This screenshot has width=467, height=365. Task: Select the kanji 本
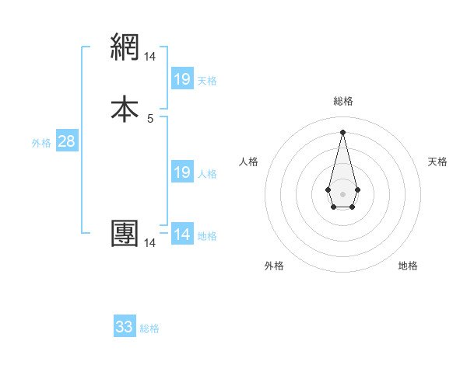(x=125, y=107)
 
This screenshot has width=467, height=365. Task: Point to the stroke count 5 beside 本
(x=150, y=118)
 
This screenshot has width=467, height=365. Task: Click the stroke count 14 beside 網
(x=150, y=57)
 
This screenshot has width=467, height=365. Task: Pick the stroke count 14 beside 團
(x=150, y=243)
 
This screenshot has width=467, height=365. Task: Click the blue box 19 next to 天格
(x=181, y=79)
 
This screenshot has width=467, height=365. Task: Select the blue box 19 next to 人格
(x=181, y=172)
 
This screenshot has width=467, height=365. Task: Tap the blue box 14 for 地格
(x=181, y=235)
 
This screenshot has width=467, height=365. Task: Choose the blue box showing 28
(x=66, y=141)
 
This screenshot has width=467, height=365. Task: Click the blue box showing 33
(x=125, y=327)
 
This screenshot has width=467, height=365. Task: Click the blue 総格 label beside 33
(x=149, y=328)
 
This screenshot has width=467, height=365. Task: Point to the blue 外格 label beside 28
(x=41, y=143)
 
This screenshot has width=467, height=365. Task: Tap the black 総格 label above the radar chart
(x=342, y=101)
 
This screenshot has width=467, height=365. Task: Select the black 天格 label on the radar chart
(x=438, y=162)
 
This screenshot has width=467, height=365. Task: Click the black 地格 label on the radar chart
(x=408, y=266)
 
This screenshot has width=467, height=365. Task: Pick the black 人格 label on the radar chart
(x=248, y=162)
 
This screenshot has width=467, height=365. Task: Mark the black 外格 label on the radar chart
(x=274, y=266)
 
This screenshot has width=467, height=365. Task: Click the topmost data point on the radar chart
(x=342, y=132)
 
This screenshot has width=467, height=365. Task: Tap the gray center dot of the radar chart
(x=342, y=193)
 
